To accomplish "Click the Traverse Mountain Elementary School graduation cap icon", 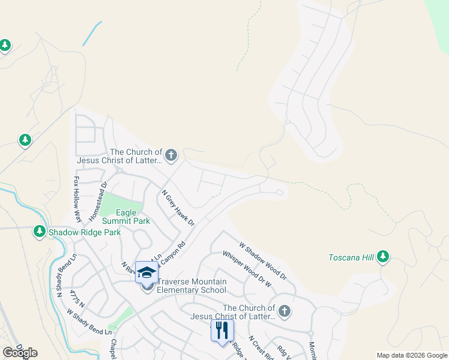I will point(146,272).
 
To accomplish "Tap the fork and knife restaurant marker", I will point(222,329).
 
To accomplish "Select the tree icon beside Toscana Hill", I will point(383,257).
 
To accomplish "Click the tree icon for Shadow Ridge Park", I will point(40,231).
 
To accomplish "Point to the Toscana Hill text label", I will point(351,258).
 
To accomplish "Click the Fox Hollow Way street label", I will point(77,191).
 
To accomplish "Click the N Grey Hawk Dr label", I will point(178,207).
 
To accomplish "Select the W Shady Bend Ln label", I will point(89,322).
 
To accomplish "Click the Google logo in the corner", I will point(20,353).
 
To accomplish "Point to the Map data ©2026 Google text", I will point(411,355).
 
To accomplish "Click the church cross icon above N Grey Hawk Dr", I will point(171,156).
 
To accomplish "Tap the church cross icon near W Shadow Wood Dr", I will point(285,311).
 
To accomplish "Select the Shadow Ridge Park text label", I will point(85,232).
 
